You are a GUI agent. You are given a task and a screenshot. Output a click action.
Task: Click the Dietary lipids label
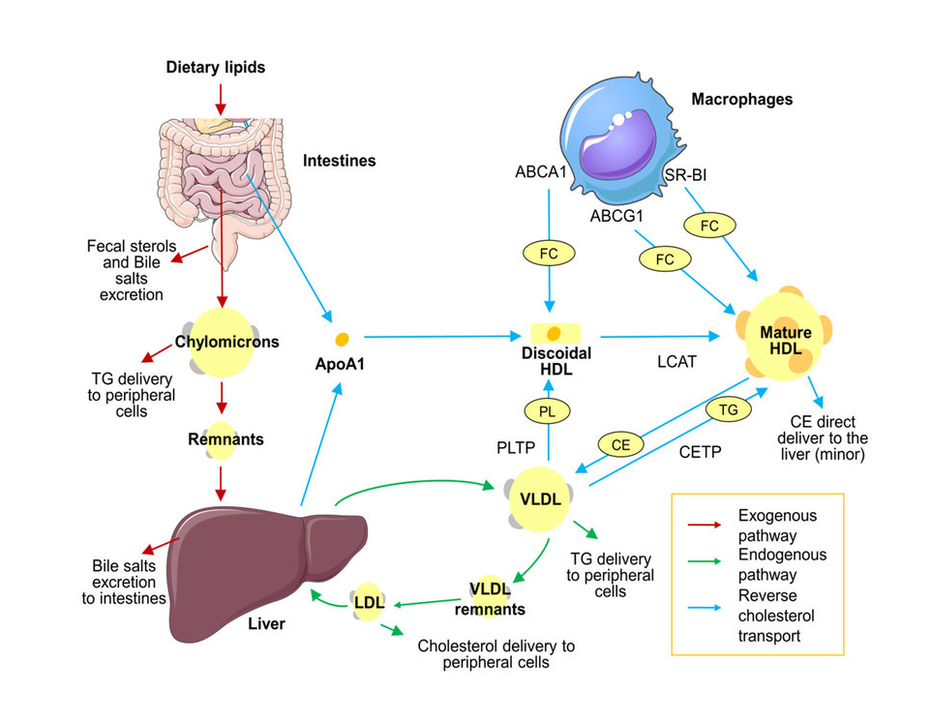click(x=215, y=68)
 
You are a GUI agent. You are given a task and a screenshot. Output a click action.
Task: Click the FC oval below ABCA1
click(x=548, y=253)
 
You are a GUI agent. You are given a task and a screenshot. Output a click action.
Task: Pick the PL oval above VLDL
click(x=548, y=411)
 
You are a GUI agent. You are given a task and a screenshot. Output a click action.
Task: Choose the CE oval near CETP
click(x=621, y=444)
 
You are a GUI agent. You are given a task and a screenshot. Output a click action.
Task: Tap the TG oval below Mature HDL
click(x=729, y=410)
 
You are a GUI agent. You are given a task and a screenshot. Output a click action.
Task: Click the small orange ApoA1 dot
click(x=341, y=340)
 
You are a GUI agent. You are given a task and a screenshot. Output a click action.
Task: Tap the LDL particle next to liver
click(x=370, y=602)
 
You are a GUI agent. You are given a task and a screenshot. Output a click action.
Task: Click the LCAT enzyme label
click(x=677, y=360)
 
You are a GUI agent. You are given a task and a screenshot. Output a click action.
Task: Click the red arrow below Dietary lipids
click(x=221, y=98)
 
